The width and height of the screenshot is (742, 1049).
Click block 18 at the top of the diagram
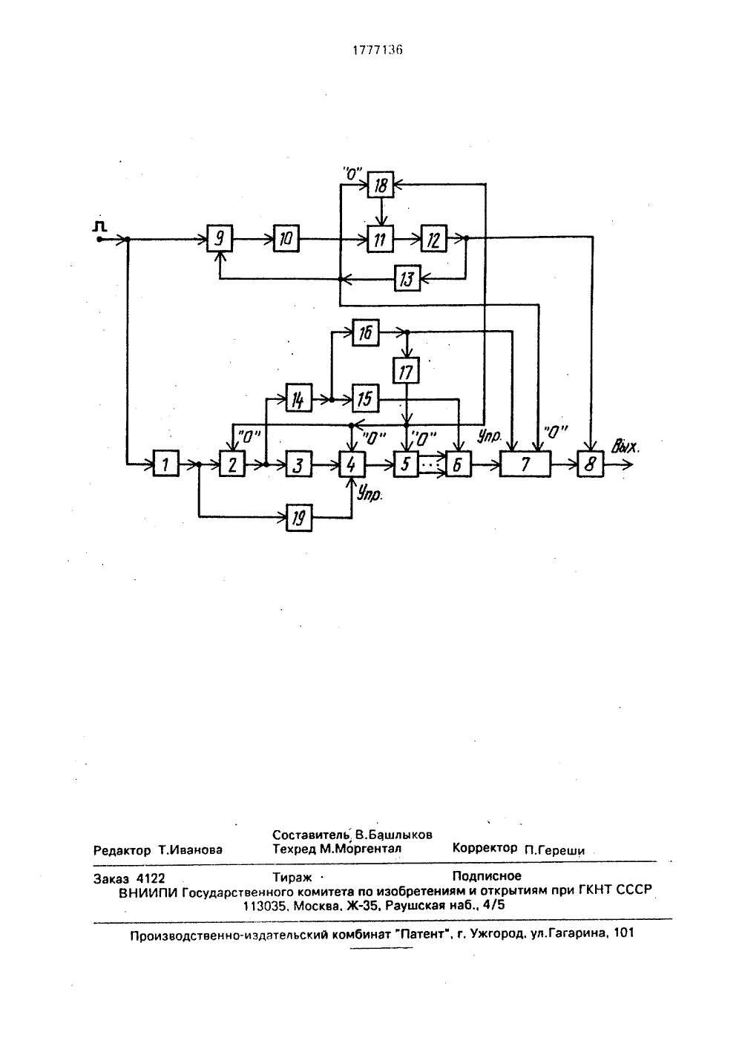pos(381,185)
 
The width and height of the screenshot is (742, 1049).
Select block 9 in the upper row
pos(220,238)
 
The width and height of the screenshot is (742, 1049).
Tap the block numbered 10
pos(286,238)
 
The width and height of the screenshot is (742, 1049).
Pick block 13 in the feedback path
pos(407,278)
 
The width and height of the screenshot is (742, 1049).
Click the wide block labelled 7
pos(525,464)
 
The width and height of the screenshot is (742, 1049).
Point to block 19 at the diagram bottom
pos(299,518)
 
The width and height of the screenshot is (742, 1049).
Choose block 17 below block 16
pos(406,370)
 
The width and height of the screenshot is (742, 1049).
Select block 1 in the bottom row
pos(165,464)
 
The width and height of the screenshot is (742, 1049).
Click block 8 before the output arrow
pos(590,464)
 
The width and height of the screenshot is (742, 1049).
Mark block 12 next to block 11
pos(434,238)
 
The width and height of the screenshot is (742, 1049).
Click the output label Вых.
pos(626,447)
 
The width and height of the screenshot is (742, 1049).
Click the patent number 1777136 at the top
pos(377,50)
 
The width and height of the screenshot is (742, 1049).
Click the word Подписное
pos(487,875)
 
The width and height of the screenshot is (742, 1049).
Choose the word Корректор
pos(485,848)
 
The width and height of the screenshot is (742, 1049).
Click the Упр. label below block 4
pos(370,493)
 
